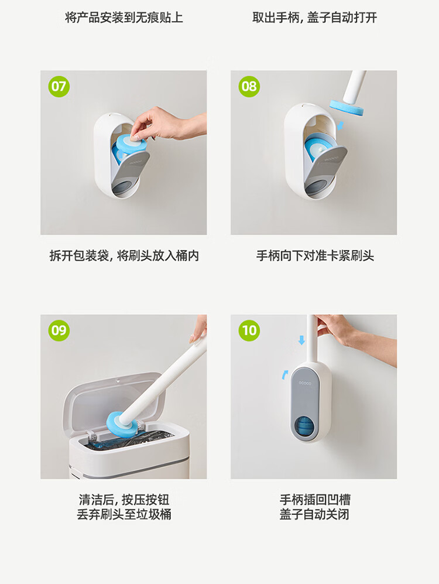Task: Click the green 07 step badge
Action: point(59,87)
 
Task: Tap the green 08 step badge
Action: point(249,87)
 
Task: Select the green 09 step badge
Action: point(59,330)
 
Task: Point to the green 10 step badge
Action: point(249,330)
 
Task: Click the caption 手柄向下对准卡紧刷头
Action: point(315,256)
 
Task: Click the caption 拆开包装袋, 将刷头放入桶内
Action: point(124,256)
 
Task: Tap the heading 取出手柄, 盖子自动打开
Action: point(314,18)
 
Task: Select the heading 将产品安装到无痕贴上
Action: point(124,18)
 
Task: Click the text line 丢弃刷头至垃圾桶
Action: point(124,514)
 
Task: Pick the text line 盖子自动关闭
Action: point(314,514)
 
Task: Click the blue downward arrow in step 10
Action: point(301,340)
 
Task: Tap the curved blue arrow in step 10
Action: point(284,374)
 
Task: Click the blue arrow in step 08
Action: point(340,125)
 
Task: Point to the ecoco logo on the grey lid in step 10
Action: point(305,383)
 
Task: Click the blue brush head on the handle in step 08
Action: point(347,107)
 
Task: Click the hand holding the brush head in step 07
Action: point(170,124)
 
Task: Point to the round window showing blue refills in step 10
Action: point(305,427)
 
